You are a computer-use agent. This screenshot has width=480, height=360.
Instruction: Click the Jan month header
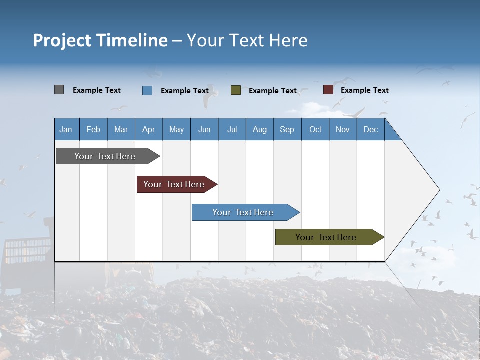tap(66, 129)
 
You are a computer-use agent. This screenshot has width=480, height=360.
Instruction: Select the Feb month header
tap(93, 129)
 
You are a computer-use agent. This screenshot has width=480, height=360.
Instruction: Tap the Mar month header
tap(121, 129)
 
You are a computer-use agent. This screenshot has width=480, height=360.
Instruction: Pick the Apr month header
tap(149, 129)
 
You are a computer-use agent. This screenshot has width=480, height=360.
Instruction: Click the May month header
tap(176, 129)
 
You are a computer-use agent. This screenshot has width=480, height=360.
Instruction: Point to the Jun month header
tap(204, 129)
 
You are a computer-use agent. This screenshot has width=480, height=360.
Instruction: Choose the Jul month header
tap(232, 129)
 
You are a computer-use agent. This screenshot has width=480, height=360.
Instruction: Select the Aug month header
tap(260, 129)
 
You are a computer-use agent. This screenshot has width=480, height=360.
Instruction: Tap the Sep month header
tap(287, 129)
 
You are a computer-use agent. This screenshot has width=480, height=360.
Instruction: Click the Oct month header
tap(315, 129)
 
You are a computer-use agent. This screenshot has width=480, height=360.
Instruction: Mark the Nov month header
tap(343, 129)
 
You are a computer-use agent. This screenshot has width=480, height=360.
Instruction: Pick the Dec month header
tap(371, 129)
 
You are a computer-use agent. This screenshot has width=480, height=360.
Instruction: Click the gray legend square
tap(59, 90)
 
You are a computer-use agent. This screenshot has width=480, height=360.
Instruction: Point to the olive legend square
tap(236, 90)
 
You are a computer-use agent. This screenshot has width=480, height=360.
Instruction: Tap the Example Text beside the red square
tap(364, 90)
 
